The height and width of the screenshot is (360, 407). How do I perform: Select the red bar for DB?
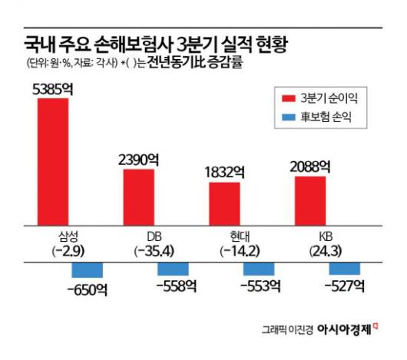[139, 197]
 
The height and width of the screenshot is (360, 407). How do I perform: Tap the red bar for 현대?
[224, 203]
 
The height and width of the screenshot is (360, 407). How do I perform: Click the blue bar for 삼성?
[87, 269]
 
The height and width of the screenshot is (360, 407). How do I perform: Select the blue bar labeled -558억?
[173, 269]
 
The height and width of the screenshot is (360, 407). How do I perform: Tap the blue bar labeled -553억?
[259, 269]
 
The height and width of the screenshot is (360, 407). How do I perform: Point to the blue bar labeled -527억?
[344, 269]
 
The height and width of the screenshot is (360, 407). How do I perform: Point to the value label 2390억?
[139, 160]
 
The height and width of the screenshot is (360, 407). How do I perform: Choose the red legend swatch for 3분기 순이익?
[290, 98]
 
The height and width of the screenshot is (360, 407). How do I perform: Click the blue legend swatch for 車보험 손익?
[290, 118]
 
